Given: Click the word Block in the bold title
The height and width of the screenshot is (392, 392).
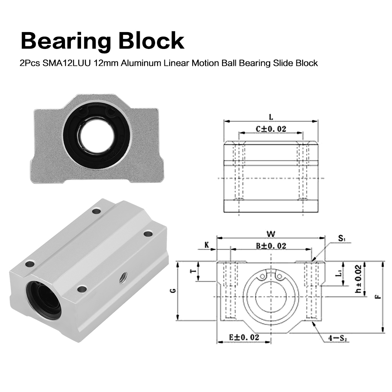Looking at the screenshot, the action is [x=152, y=40].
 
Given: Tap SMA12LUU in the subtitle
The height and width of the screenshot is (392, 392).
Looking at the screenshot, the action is [x=67, y=63].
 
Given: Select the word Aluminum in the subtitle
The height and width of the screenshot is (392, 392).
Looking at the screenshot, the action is [x=141, y=63].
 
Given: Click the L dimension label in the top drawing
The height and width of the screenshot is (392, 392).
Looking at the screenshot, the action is [x=271, y=117].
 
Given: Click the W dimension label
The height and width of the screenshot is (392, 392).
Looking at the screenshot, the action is [x=271, y=234].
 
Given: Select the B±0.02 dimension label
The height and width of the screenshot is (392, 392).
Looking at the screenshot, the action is [x=271, y=246].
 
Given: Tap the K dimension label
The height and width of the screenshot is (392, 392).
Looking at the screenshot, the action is [x=207, y=245].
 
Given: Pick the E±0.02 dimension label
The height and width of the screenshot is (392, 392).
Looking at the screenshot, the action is [x=244, y=337].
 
